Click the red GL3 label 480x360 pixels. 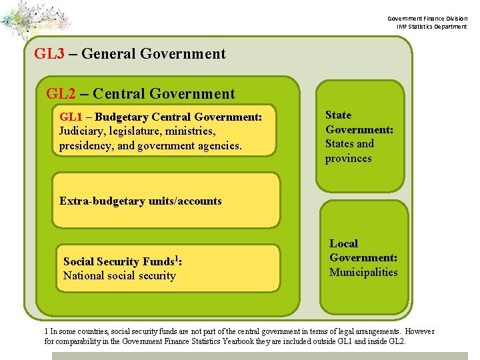click(x=49, y=54)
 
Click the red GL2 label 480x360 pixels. click(x=61, y=94)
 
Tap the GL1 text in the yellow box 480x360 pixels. click(x=72, y=117)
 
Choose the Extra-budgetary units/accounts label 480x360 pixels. click(x=141, y=201)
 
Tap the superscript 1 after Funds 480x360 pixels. click(x=176, y=257)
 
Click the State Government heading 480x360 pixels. click(x=359, y=122)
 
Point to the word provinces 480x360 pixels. click(x=348, y=159)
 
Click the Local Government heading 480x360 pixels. click(x=363, y=251)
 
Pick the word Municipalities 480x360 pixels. click(x=363, y=272)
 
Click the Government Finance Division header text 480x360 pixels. click(x=429, y=18)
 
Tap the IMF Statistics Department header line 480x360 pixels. click(x=432, y=27)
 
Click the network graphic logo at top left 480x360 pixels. click(x=35, y=20)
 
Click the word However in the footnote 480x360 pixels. click(x=419, y=331)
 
